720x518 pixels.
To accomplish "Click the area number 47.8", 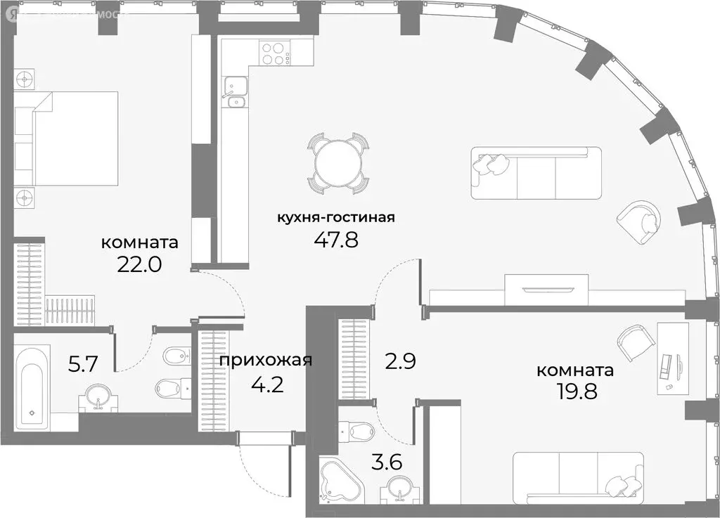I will [335, 241].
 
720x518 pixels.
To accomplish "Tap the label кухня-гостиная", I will [335, 217].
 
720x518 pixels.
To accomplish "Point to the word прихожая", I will [266, 361].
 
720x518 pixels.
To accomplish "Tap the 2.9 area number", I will [401, 362].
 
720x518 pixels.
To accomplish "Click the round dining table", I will [338, 163].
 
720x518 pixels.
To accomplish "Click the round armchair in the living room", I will [639, 219].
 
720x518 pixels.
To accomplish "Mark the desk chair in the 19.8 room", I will [636, 342].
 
